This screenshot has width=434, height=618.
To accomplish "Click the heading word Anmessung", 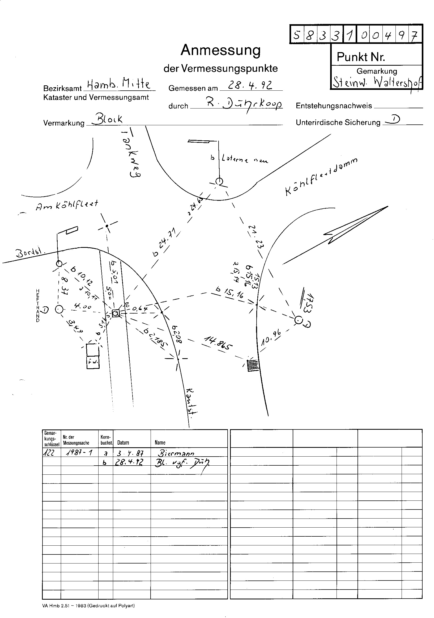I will (220, 50).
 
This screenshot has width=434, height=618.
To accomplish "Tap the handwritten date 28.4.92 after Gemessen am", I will (250, 85).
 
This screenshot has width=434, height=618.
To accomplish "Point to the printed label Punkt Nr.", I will (361, 57).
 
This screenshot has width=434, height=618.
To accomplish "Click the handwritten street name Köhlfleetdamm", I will (321, 176).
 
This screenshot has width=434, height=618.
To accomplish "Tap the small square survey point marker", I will (116, 313).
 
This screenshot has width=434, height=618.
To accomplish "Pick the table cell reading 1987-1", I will (79, 453).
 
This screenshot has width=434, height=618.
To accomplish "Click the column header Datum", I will (123, 442).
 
